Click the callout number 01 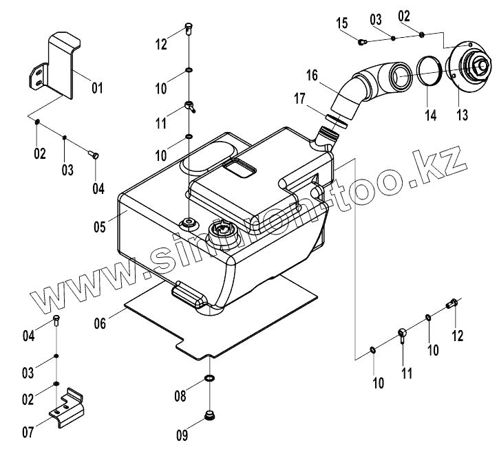(97, 88)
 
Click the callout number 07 (28, 433)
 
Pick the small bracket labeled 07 (68, 406)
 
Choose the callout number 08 (180, 396)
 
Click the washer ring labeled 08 (208, 380)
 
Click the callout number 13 (462, 115)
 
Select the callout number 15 (343, 25)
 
